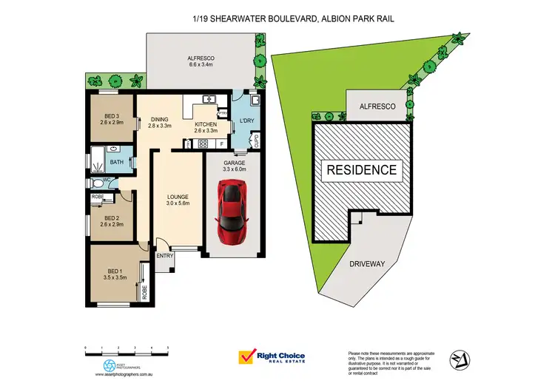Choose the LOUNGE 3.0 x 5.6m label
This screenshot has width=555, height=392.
coord(178,198)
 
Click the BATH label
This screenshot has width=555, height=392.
coord(117,161)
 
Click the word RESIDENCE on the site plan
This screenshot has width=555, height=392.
coord(363,169)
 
